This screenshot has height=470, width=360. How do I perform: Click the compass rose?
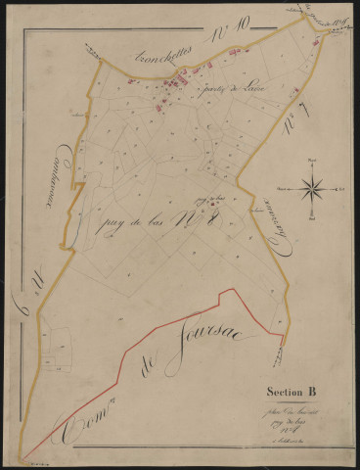pos(312,185)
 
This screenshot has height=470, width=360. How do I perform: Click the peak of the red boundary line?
pos(229,290)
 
